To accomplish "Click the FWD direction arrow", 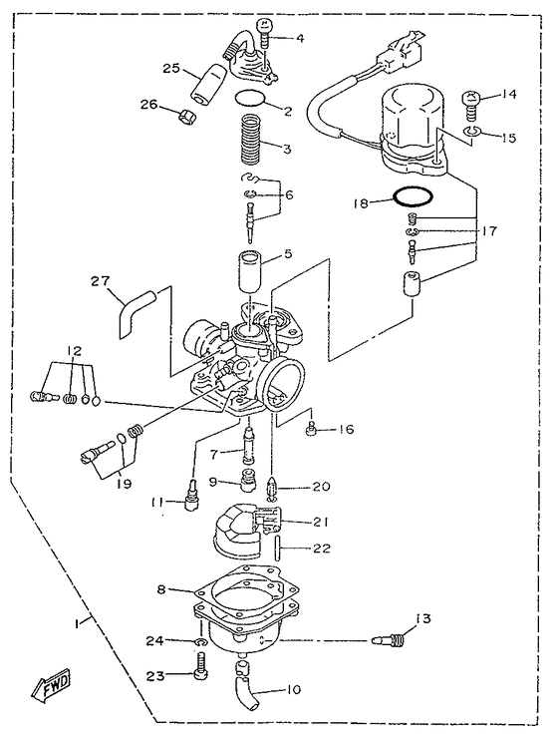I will (47, 686).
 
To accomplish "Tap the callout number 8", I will (159, 590).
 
